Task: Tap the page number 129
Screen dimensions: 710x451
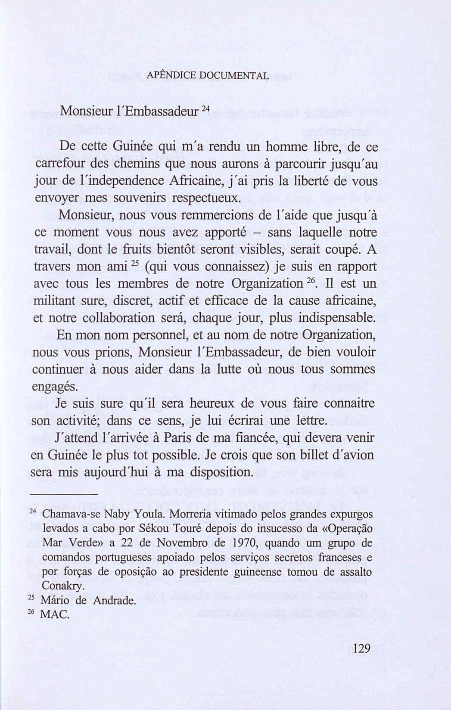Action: tap(361, 648)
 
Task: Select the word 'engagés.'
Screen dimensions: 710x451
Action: tap(56, 387)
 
